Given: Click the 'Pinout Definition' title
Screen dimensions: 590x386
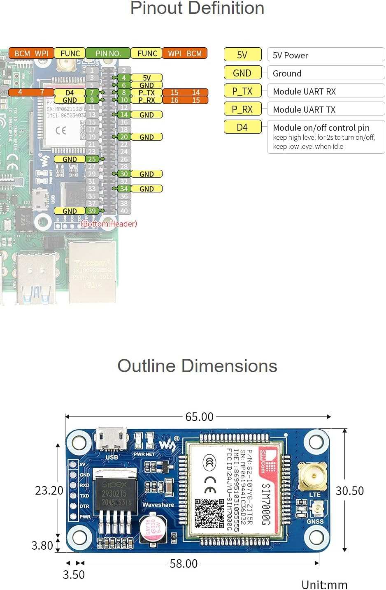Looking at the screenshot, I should coord(197,8).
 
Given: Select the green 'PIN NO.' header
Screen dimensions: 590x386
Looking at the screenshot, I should coord(108,53).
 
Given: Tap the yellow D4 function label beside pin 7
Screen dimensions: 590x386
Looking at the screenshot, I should coord(70,93).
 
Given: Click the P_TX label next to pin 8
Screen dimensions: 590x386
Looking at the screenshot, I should coord(146,93).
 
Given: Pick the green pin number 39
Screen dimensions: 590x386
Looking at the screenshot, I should coord(92,211).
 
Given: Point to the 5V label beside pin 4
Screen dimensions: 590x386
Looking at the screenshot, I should coord(146,78).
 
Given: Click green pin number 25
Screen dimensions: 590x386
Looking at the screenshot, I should coord(92,159).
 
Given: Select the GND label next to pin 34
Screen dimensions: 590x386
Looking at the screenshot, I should coord(146,189).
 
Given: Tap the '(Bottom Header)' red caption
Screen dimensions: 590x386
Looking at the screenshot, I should coord(109,224).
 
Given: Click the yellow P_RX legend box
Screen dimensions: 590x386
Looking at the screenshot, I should coord(242,109).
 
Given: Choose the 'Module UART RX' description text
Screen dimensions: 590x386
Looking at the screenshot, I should coord(304,91).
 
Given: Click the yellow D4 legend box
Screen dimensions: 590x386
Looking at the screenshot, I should coord(242,127).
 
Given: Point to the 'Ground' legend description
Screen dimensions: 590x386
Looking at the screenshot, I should coord(287,73).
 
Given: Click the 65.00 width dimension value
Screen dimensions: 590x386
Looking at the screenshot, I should coord(200,417).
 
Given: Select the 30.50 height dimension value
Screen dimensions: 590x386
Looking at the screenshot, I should coord(350,491).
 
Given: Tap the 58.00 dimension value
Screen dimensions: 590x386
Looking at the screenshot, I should coord(184,563).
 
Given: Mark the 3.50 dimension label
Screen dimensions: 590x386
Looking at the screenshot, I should coord(74,574).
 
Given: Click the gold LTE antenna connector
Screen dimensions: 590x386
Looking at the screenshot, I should coord(315,476).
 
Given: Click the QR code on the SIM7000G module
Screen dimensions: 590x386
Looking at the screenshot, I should coord(209,514).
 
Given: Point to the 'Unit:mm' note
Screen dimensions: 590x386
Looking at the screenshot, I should coord(324,584).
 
